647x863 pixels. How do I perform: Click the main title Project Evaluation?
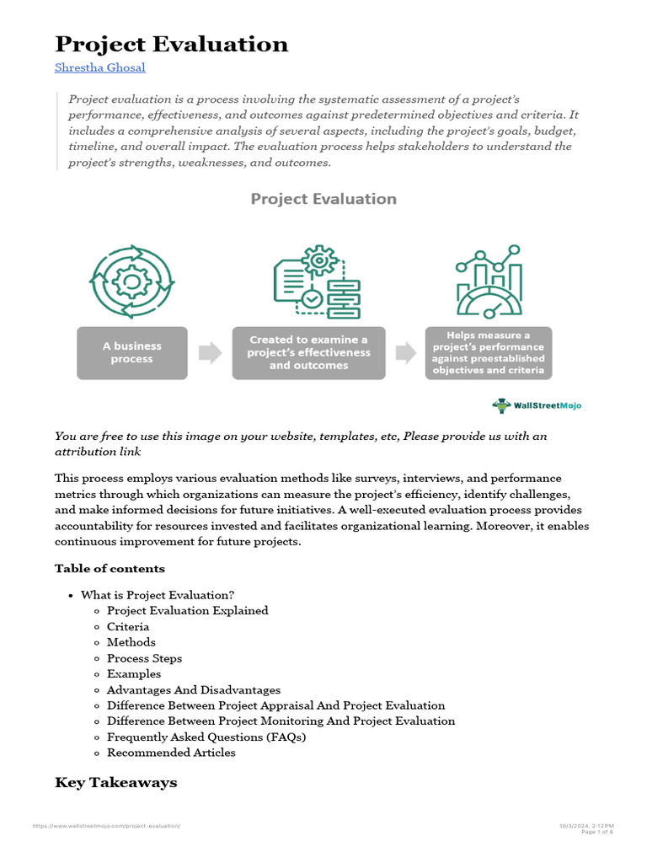pyautogui.click(x=171, y=44)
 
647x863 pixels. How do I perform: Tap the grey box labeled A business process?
pyautogui.click(x=132, y=352)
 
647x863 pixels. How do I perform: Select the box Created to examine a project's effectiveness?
pyautogui.click(x=308, y=352)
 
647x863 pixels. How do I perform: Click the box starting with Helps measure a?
pyautogui.click(x=488, y=352)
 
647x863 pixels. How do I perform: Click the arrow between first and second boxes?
pyautogui.click(x=210, y=353)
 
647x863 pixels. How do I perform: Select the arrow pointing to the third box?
pyautogui.click(x=406, y=353)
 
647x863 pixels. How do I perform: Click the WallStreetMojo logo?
pyautogui.click(x=537, y=405)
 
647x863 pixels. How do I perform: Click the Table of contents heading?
pyautogui.click(x=110, y=568)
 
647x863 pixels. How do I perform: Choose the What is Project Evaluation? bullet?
pyautogui.click(x=158, y=595)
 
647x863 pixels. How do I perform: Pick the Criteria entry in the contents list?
pyautogui.click(x=128, y=627)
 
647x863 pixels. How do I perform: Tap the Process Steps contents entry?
pyautogui.click(x=144, y=658)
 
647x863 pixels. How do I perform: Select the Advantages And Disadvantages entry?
pyautogui.click(x=194, y=690)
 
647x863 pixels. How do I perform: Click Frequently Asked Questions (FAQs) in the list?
pyautogui.click(x=206, y=737)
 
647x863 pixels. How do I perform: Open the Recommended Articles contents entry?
pyautogui.click(x=171, y=753)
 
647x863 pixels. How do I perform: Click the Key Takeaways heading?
pyautogui.click(x=115, y=783)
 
